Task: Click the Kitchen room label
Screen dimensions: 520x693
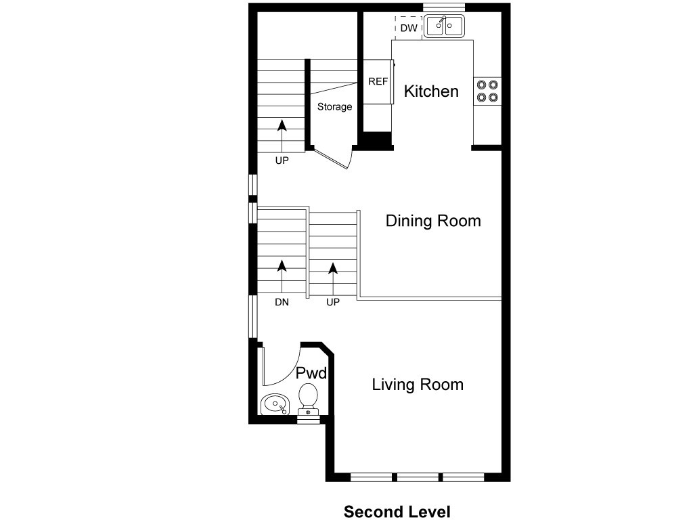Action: tap(431, 91)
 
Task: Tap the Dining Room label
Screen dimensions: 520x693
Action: tap(433, 221)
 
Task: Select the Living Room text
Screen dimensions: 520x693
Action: tap(418, 385)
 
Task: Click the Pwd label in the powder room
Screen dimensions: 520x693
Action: tap(312, 373)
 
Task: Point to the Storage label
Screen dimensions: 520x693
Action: tap(335, 107)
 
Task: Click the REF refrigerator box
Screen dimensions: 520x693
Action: tap(378, 81)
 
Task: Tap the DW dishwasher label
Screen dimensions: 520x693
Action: tap(408, 28)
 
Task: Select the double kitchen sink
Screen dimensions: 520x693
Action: tap(444, 26)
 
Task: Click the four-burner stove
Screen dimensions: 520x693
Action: tap(487, 91)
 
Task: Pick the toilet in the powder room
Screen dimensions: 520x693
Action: tap(309, 398)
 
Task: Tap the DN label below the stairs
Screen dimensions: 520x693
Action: tap(282, 303)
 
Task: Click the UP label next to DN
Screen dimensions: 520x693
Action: tap(332, 303)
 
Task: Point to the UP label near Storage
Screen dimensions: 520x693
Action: tap(282, 161)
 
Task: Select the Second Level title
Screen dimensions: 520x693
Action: tap(397, 511)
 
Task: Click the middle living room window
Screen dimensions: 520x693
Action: tap(418, 477)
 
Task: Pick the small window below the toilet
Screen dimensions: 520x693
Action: tap(308, 419)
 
